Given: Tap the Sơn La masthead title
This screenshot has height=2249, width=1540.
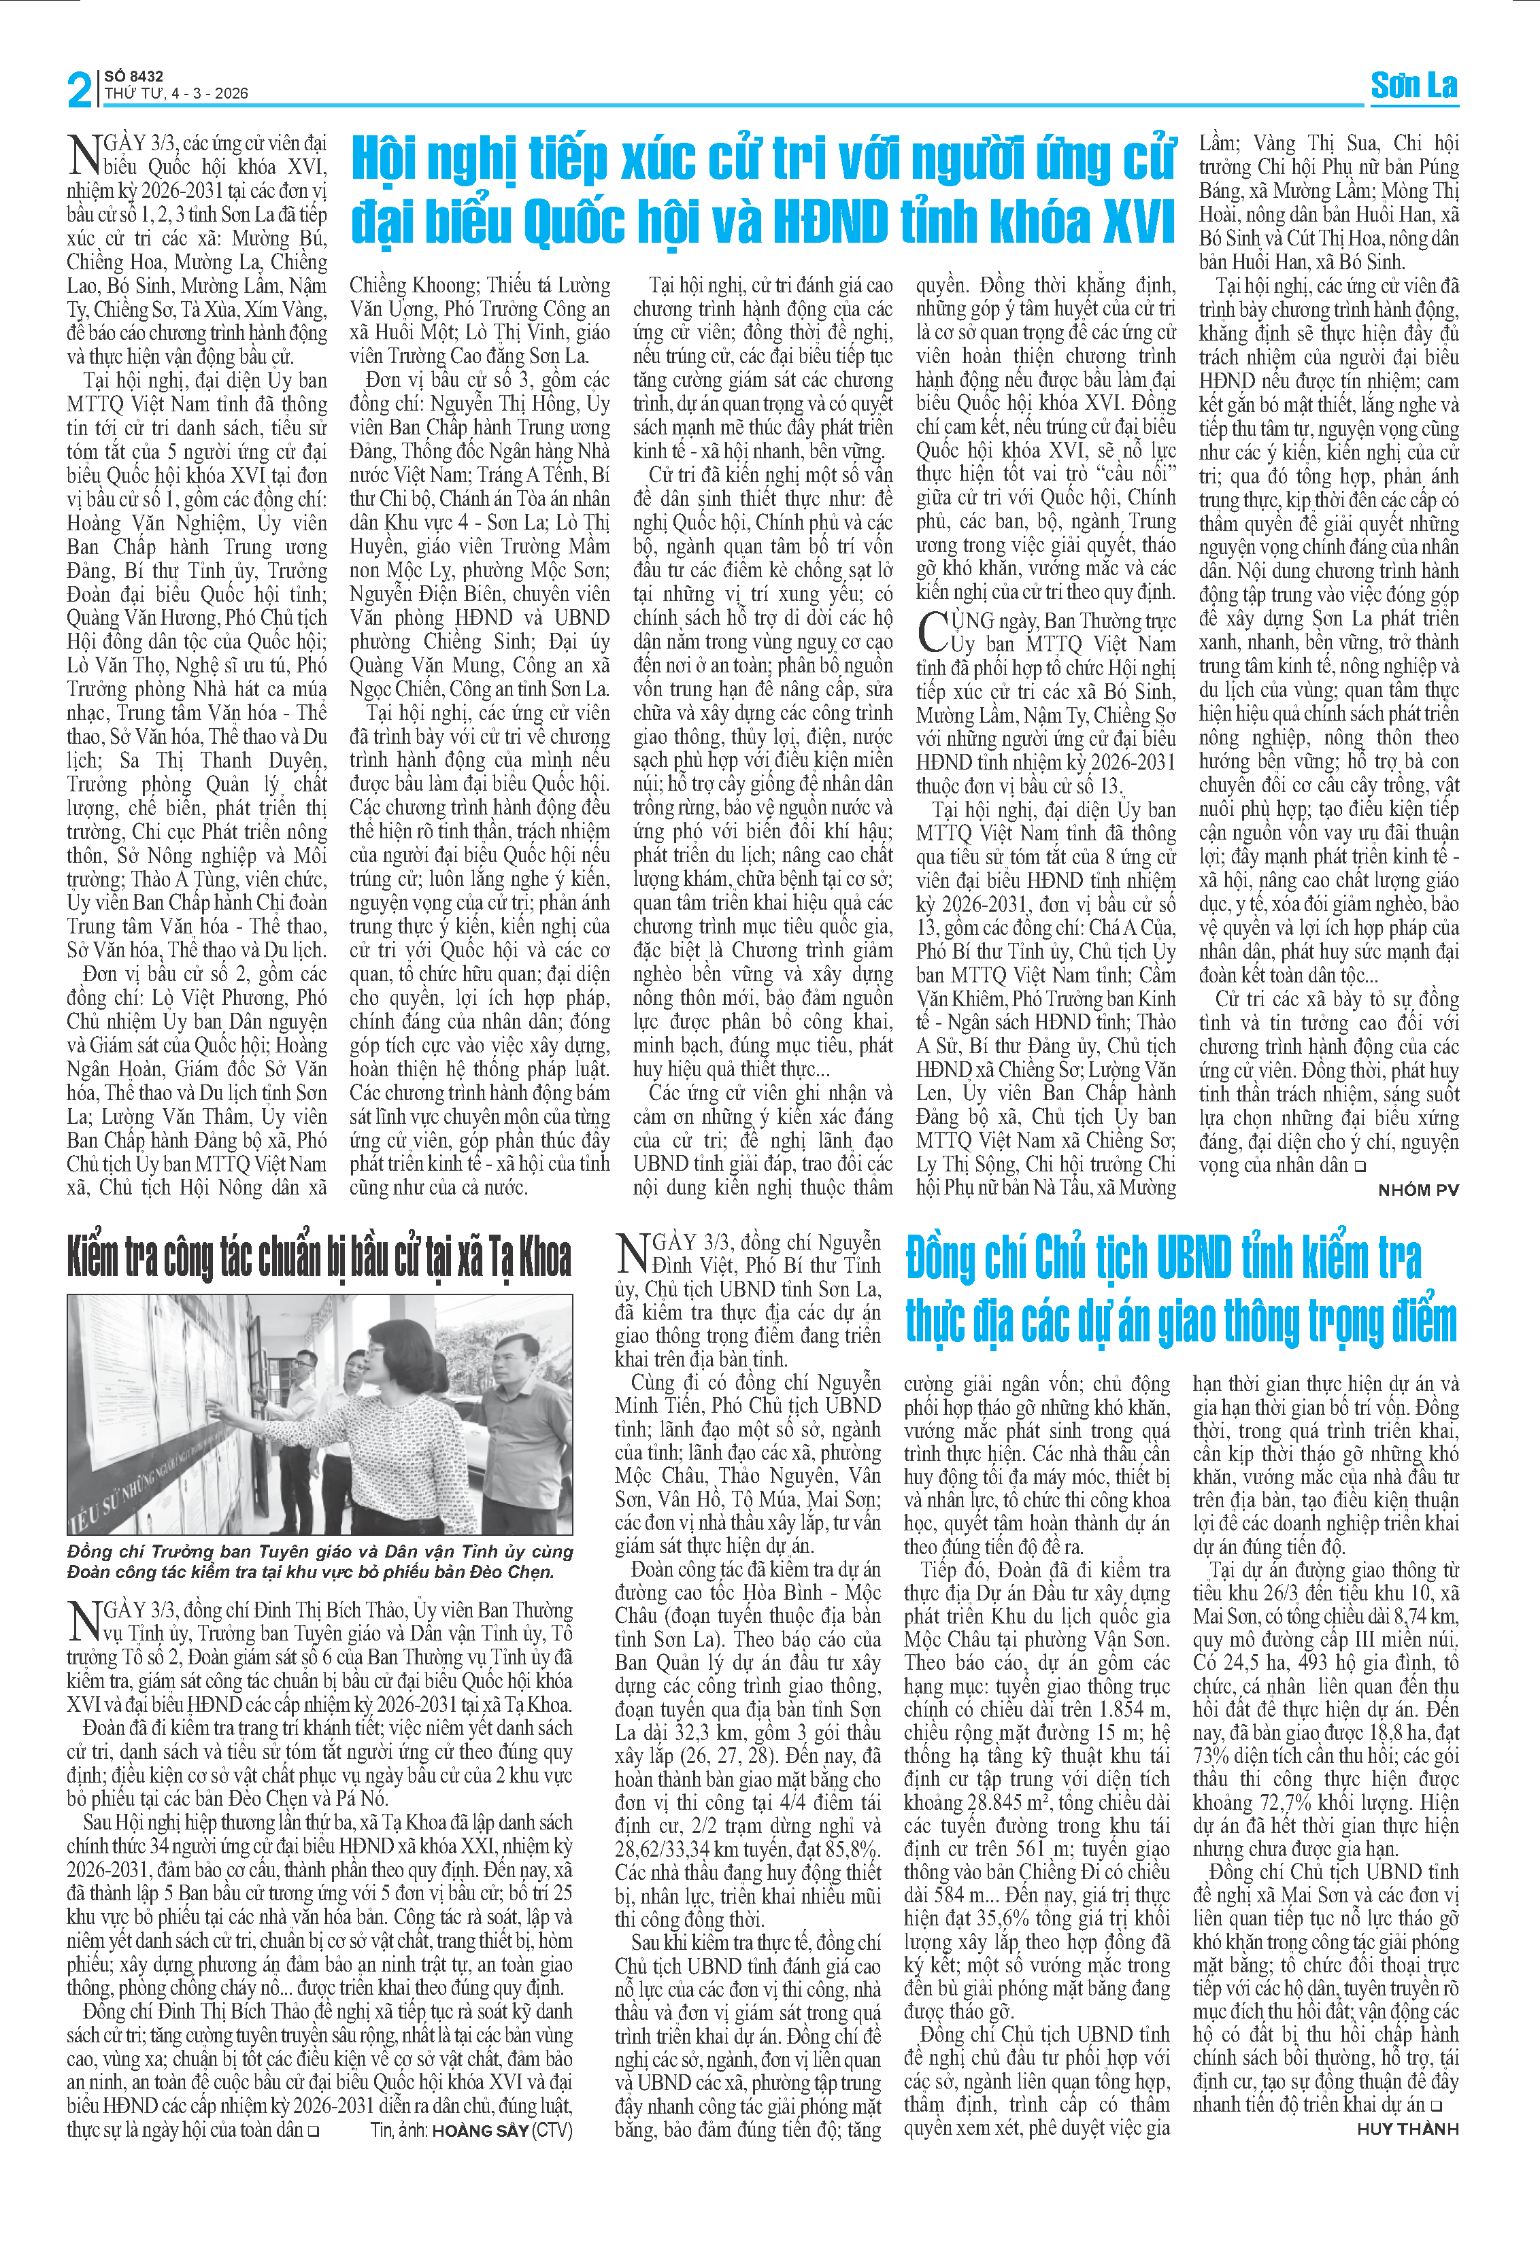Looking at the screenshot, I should pos(1413,86).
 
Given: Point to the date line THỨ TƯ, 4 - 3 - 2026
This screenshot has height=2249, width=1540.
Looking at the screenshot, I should pos(176,94).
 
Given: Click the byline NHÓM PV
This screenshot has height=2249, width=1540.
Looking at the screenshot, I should pos(1418,1190).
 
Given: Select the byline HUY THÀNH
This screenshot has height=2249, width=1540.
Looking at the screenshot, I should pos(1407,2129).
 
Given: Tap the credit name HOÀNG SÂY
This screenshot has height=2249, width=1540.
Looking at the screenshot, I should pos(480,2130).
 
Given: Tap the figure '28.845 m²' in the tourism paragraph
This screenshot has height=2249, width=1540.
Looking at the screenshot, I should pos(968,1802).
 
